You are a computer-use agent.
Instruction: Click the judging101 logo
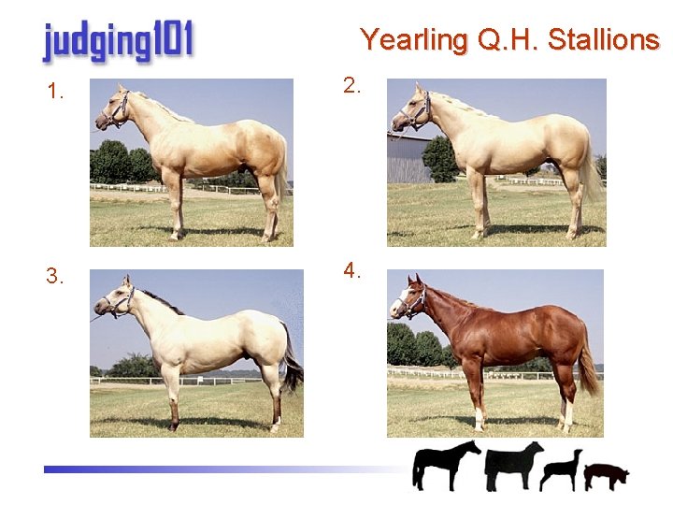coord(117,43)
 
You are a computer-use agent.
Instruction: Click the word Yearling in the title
coord(413,40)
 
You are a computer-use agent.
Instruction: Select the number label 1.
coord(56,92)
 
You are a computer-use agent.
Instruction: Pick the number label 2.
coord(351,86)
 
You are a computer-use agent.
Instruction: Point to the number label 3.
coord(56,276)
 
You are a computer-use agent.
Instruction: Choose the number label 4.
coord(351,271)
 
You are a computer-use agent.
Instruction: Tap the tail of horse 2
coord(591,174)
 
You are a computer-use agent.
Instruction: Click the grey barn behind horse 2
coord(408,159)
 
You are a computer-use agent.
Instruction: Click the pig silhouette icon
coord(607,475)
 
